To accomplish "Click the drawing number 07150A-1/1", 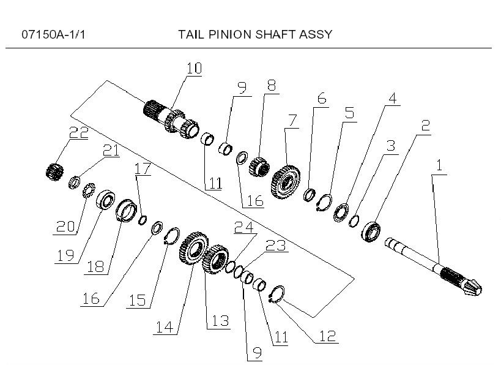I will click(x=53, y=34).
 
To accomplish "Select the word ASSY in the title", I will click(x=315, y=34).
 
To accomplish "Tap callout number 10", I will click(x=194, y=68).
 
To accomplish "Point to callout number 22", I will click(x=80, y=132).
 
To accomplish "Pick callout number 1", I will click(x=438, y=165).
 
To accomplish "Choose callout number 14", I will click(x=163, y=328).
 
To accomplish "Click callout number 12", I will click(x=328, y=336).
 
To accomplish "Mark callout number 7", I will click(x=292, y=120).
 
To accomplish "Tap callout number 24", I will click(x=244, y=227).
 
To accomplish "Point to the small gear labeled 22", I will click(x=56, y=170).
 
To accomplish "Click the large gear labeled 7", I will click(x=285, y=178).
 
